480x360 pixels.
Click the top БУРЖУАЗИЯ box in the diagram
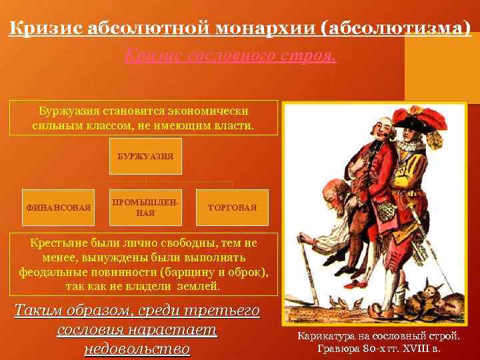click(x=145, y=156)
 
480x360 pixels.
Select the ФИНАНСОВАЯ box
click(x=59, y=207)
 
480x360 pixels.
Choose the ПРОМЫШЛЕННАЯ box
click(x=145, y=207)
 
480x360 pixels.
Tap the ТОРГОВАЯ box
click(x=232, y=207)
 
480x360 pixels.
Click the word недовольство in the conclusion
click(x=137, y=349)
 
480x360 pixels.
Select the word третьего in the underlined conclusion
click(x=226, y=311)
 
